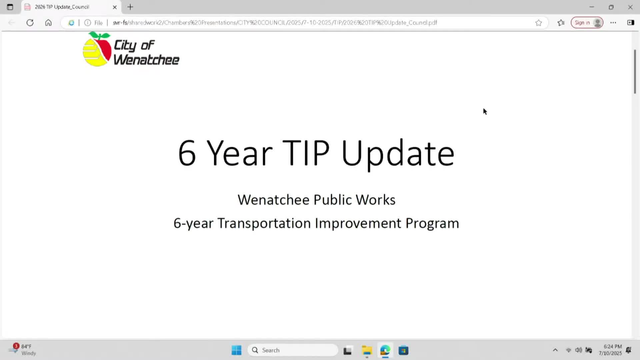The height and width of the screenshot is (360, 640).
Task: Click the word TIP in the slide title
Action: (306, 153)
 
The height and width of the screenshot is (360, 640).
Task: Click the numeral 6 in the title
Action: (187, 153)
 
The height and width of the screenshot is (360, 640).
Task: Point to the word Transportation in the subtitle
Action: (264, 223)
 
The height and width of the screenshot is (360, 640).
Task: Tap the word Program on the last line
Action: (432, 223)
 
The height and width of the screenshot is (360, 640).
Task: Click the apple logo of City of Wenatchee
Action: (97, 50)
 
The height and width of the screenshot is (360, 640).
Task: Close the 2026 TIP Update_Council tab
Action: (115, 7)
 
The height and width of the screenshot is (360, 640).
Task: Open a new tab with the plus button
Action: (130, 7)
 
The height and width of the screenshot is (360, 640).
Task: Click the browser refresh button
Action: (30, 23)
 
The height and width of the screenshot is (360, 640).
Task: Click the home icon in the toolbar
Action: (48, 23)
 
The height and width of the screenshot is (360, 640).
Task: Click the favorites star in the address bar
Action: (539, 23)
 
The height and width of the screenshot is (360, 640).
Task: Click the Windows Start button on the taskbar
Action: (236, 350)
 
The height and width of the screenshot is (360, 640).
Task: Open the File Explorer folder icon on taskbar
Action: (367, 350)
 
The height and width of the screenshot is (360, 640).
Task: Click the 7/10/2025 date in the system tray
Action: (610, 353)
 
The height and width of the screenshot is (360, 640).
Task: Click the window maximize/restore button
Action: (611, 7)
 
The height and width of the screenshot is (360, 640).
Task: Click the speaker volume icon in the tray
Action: (578, 350)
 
